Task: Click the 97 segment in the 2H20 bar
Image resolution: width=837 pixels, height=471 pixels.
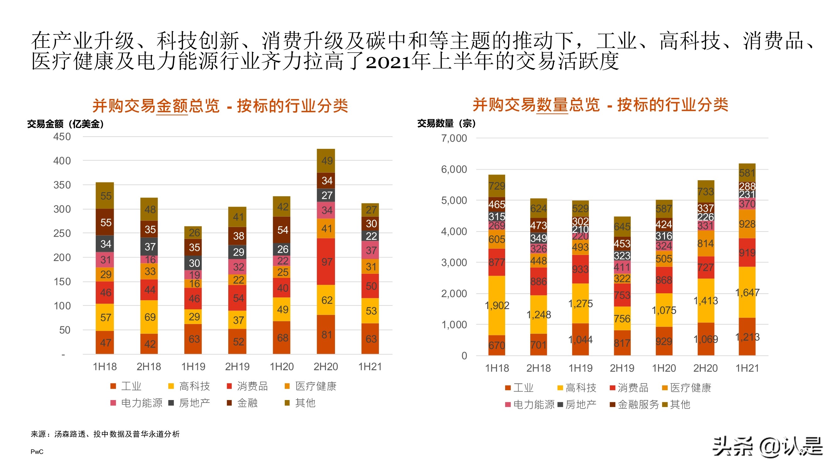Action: pos(326,262)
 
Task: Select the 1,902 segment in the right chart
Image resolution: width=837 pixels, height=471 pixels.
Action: pos(497,305)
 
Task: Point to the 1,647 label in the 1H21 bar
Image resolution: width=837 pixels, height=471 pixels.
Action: pos(747,292)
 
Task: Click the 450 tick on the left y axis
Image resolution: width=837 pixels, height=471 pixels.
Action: pos(62,137)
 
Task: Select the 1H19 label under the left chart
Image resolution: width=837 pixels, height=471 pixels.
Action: pos(193,367)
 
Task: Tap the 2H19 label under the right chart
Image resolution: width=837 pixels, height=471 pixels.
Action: pos(622,368)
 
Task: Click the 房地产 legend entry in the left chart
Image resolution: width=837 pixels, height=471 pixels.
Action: pos(194,403)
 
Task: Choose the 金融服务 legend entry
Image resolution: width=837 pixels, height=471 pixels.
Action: pos(638,404)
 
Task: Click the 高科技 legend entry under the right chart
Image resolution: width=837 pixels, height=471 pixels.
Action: pos(580,387)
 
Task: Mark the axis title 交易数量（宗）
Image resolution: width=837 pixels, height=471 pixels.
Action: pos(446,123)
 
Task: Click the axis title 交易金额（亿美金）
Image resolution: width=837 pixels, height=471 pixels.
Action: pos(66,124)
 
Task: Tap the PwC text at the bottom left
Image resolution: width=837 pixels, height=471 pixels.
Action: pos(37,452)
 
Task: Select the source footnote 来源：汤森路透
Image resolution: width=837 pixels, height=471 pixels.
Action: pos(105,434)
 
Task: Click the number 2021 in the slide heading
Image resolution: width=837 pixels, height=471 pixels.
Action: pos(388,62)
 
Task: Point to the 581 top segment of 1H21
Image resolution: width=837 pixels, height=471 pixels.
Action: pos(747,173)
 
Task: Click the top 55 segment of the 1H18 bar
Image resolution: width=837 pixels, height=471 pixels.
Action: pos(105,196)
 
